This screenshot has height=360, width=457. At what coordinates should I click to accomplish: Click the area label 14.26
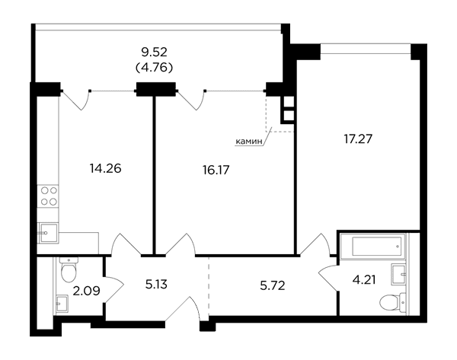click(106, 168)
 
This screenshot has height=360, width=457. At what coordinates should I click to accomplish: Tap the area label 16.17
click(216, 170)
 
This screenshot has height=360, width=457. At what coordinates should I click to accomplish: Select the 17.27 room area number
click(358, 139)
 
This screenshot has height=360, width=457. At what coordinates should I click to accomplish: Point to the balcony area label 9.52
click(154, 53)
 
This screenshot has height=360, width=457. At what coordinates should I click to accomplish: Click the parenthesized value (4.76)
click(154, 68)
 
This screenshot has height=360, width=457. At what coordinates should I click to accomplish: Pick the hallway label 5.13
click(156, 285)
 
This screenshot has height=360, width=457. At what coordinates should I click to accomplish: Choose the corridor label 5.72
click(272, 285)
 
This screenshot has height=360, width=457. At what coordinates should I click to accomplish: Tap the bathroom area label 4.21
click(364, 280)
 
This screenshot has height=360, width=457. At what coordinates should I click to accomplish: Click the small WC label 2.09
click(86, 291)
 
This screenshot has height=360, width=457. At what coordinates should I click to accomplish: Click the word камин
click(249, 142)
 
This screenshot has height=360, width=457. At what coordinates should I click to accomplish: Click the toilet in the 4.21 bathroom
click(392, 302)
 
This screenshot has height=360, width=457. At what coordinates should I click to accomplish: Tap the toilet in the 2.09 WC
click(69, 269)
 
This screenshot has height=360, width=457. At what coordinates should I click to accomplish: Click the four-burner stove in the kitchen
click(49, 196)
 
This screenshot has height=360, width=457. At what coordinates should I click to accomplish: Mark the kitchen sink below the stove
click(49, 232)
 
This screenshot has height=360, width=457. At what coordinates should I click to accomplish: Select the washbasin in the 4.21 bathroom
click(398, 275)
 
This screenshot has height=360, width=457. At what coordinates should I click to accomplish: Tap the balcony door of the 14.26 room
click(76, 100)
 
